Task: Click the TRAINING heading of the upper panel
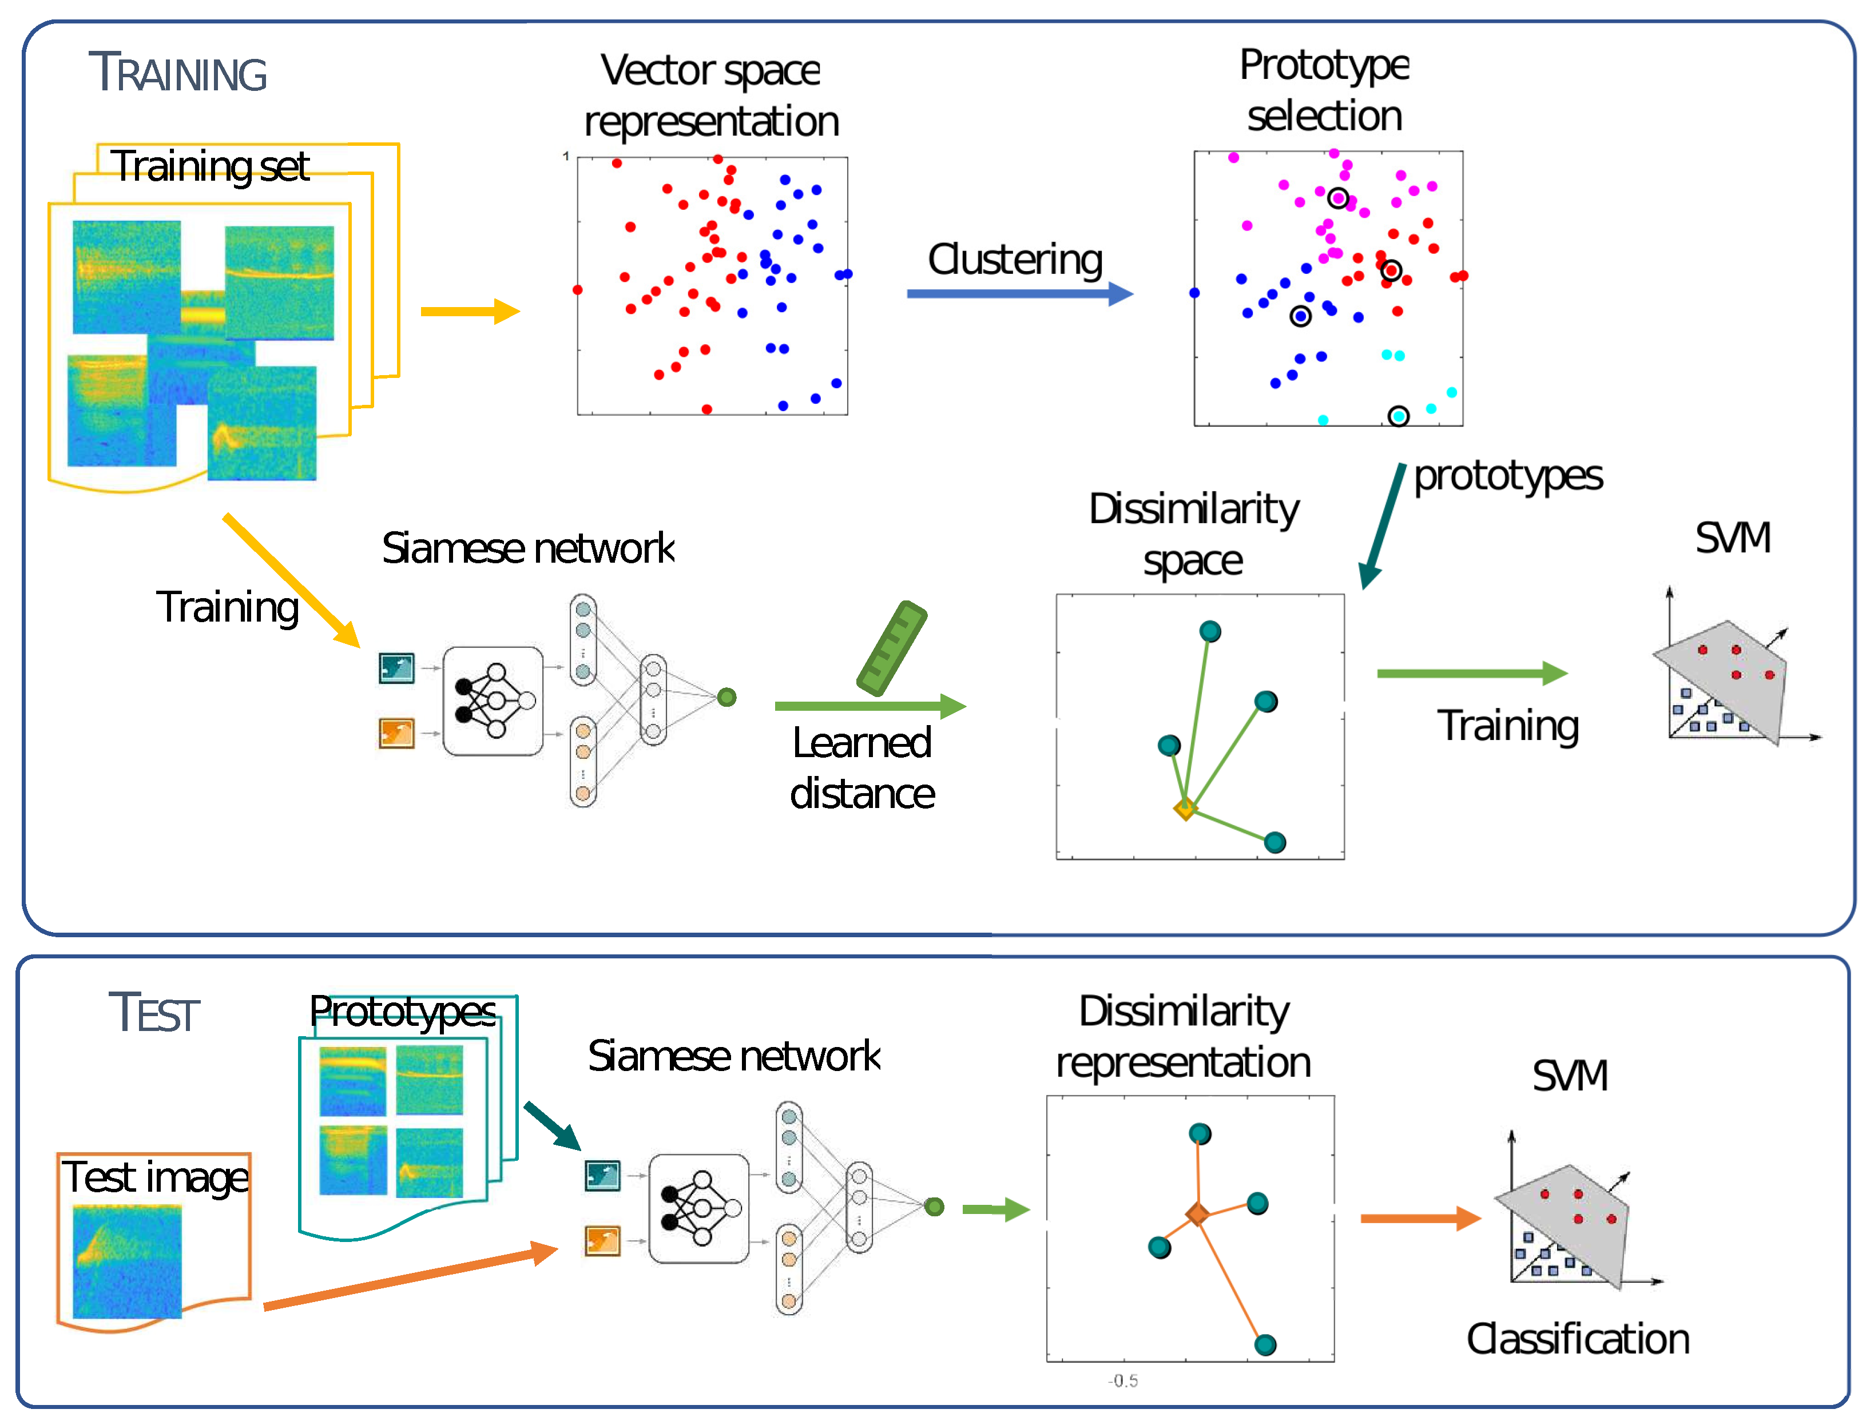click(x=177, y=73)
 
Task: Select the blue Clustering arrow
click(x=1018, y=293)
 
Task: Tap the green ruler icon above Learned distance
click(x=892, y=648)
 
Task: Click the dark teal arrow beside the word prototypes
click(x=1383, y=526)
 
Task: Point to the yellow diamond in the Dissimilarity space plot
click(x=1185, y=809)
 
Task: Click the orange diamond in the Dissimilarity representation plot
click(x=1197, y=1214)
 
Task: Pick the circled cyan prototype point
click(x=1398, y=416)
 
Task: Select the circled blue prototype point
click(x=1300, y=316)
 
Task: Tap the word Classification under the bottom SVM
click(x=1578, y=1339)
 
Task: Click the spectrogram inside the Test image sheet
click(x=127, y=1262)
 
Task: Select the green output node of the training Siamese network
click(x=726, y=697)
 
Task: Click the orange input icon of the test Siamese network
click(x=602, y=1241)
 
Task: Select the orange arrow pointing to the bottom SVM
click(x=1419, y=1219)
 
